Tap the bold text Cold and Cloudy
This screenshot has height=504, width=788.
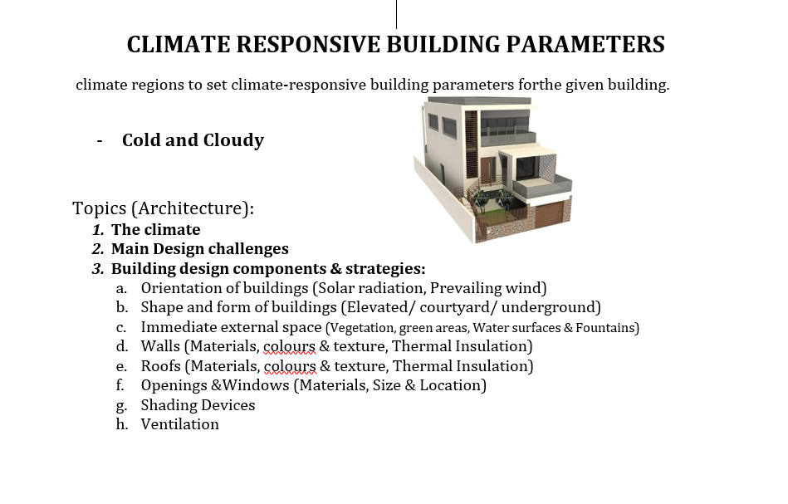point(193,140)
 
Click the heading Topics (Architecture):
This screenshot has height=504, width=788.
point(163,208)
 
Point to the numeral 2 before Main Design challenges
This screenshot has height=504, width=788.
point(97,249)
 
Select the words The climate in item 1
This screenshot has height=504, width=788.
point(155,230)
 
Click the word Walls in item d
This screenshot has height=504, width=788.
point(159,346)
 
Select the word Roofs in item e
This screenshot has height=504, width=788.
point(160,366)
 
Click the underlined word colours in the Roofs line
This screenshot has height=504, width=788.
point(290,366)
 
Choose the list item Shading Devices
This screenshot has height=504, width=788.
point(198,405)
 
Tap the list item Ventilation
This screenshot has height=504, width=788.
point(179,424)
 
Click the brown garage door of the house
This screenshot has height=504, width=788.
point(549,216)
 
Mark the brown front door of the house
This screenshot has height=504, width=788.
point(487,171)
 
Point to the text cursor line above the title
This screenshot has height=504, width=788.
point(396,14)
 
